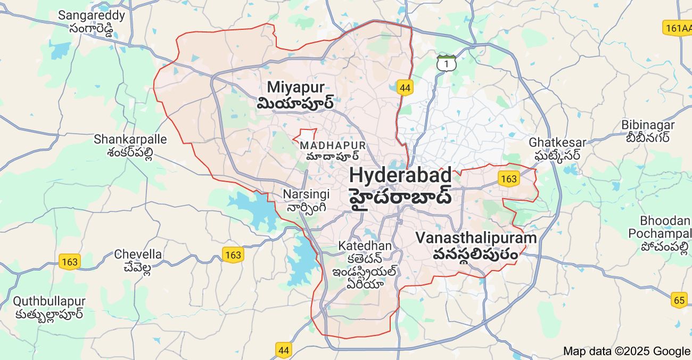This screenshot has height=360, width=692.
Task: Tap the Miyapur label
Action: (x=295, y=94)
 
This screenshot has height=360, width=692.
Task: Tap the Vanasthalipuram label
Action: (x=476, y=246)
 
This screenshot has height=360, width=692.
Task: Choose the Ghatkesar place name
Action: (x=557, y=149)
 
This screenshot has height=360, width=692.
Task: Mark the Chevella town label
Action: (x=138, y=261)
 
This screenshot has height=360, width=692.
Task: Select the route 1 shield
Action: (x=446, y=63)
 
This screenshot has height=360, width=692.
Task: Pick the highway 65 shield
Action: (x=679, y=300)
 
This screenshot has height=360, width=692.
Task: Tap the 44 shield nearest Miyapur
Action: (x=405, y=88)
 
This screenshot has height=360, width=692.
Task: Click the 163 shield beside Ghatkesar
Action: (x=509, y=178)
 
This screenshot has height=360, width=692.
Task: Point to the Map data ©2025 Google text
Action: (x=626, y=351)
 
